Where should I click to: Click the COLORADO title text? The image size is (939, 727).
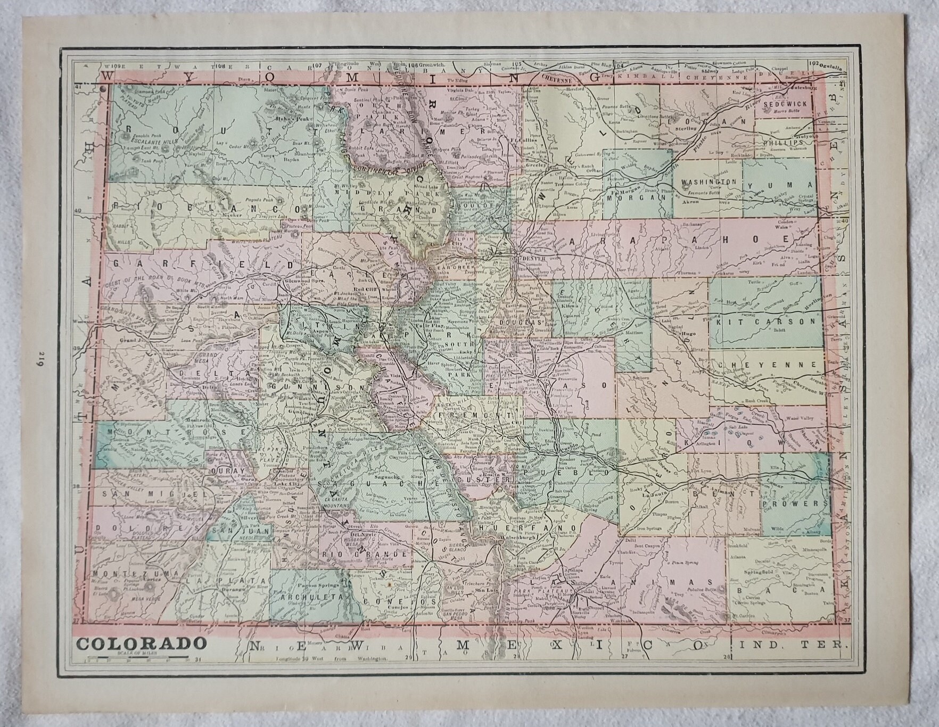pyautogui.click(x=141, y=643)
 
